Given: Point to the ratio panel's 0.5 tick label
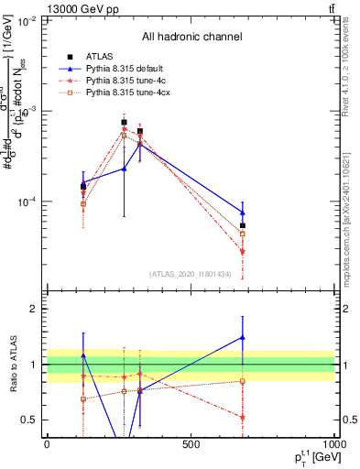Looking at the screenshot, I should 29,420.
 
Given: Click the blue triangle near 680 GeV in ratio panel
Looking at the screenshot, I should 243,337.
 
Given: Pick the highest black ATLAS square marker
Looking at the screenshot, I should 125,122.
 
